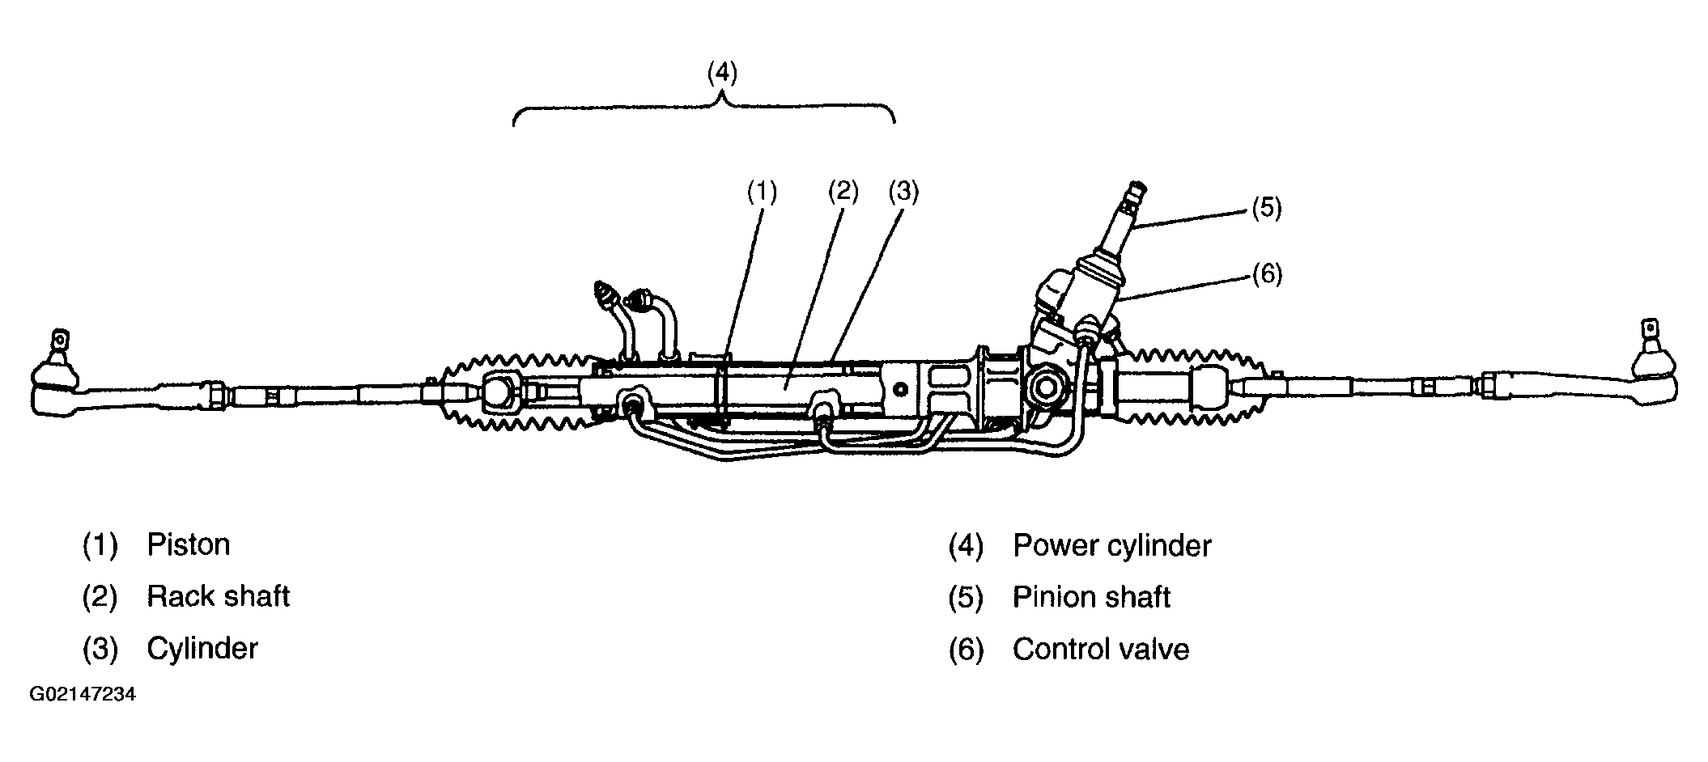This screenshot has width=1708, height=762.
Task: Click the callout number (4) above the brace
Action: click(x=722, y=73)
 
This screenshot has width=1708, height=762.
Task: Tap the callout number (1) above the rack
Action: click(x=762, y=192)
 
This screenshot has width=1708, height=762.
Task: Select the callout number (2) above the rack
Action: click(x=843, y=192)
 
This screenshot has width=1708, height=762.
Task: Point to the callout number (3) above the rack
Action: click(x=903, y=192)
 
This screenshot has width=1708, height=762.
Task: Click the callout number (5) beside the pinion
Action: click(x=1267, y=208)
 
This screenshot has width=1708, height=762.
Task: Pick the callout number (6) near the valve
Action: click(x=1267, y=275)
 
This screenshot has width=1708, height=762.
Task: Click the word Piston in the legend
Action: click(x=188, y=545)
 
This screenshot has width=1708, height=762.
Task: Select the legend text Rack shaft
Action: click(x=218, y=597)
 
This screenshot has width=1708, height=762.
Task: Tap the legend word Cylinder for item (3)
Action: click(x=202, y=649)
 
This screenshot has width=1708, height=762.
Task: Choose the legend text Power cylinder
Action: click(x=1111, y=546)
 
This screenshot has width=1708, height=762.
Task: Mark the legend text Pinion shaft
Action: click(x=1090, y=598)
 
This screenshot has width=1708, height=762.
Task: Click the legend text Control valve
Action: click(x=1100, y=650)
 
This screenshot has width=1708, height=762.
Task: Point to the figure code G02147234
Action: click(x=83, y=695)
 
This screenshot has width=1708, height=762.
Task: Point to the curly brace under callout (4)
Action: click(x=704, y=109)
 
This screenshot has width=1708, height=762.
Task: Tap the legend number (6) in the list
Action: click(x=966, y=650)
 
